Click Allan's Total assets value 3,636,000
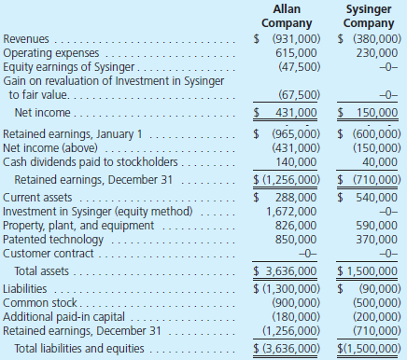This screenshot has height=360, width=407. tap(291, 270)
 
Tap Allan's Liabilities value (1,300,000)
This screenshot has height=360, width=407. tap(291, 287)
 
